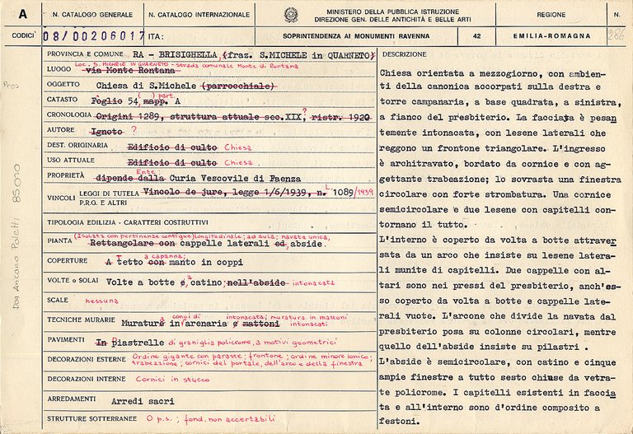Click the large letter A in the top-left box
[x=22, y=14]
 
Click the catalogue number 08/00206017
[x=92, y=36]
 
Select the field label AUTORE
[x=60, y=152]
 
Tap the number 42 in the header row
[x=477, y=36]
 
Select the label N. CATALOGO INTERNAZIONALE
[x=199, y=14]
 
